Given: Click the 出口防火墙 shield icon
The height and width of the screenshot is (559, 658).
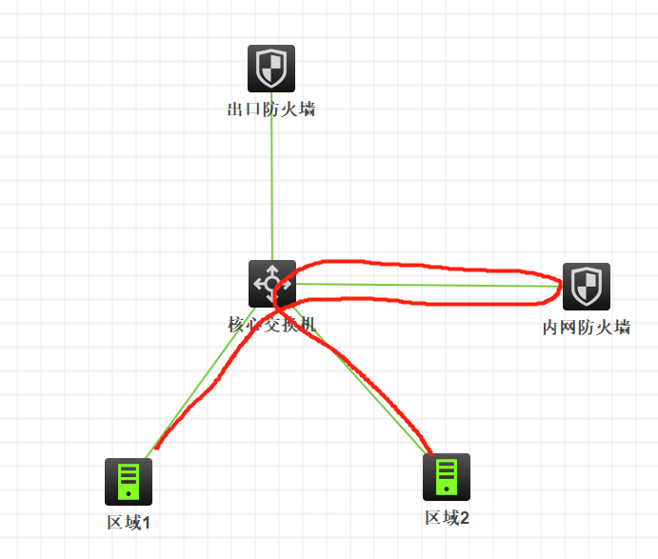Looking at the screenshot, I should click(x=271, y=69).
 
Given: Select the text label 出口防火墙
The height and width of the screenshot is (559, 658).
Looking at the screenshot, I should click(x=271, y=110).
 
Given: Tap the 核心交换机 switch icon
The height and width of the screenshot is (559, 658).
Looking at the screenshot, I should click(x=272, y=283).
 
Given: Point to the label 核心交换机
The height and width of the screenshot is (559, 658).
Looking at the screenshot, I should click(x=271, y=325).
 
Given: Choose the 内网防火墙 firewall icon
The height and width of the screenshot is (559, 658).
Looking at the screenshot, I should click(x=587, y=287).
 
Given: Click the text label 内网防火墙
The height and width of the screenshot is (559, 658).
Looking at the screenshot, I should click(x=587, y=329).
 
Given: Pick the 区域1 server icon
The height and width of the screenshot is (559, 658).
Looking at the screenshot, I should click(x=129, y=482).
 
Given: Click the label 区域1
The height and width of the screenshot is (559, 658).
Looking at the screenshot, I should click(x=130, y=523).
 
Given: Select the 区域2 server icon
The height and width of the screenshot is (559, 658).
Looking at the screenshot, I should click(x=447, y=477).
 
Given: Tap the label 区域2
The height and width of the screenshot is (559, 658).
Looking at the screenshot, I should click(x=448, y=518).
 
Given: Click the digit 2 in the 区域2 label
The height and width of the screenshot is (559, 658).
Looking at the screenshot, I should click(x=465, y=518).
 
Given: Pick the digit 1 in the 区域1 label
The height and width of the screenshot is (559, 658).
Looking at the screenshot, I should click(x=147, y=523).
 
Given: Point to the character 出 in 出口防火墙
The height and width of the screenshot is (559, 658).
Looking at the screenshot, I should click(x=235, y=110).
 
